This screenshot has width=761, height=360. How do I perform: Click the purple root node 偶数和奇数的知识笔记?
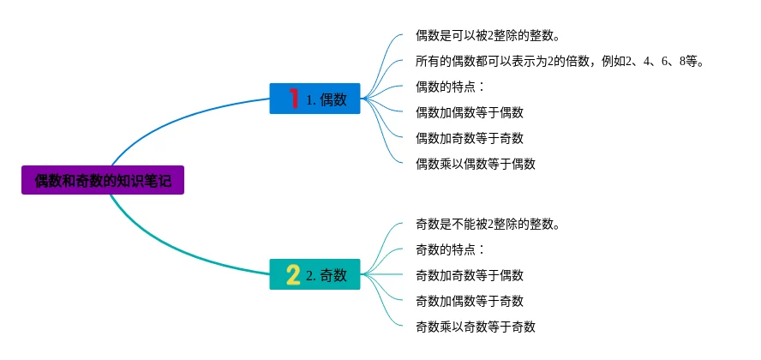[103, 180]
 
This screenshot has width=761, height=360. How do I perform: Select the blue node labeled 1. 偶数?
[315, 99]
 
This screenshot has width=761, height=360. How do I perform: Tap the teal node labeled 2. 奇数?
[315, 274]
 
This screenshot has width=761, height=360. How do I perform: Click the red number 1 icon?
[293, 99]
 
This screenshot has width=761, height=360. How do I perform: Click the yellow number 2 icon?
[293, 274]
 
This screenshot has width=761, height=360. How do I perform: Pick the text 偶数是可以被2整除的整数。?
[488, 35]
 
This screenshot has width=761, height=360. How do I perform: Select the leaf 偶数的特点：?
[451, 87]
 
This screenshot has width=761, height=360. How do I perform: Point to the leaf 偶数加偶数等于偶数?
[469, 112]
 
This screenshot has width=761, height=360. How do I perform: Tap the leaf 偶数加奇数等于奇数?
[469, 138]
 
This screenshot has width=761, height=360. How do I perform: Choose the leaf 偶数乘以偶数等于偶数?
[475, 164]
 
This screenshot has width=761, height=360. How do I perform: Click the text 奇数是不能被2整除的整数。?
[488, 224]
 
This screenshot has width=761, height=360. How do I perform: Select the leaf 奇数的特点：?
[451, 249]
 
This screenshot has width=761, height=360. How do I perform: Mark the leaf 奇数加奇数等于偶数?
[469, 275]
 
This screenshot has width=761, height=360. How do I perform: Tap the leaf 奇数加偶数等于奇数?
[469, 301]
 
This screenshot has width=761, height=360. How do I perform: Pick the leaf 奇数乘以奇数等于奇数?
[475, 327]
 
